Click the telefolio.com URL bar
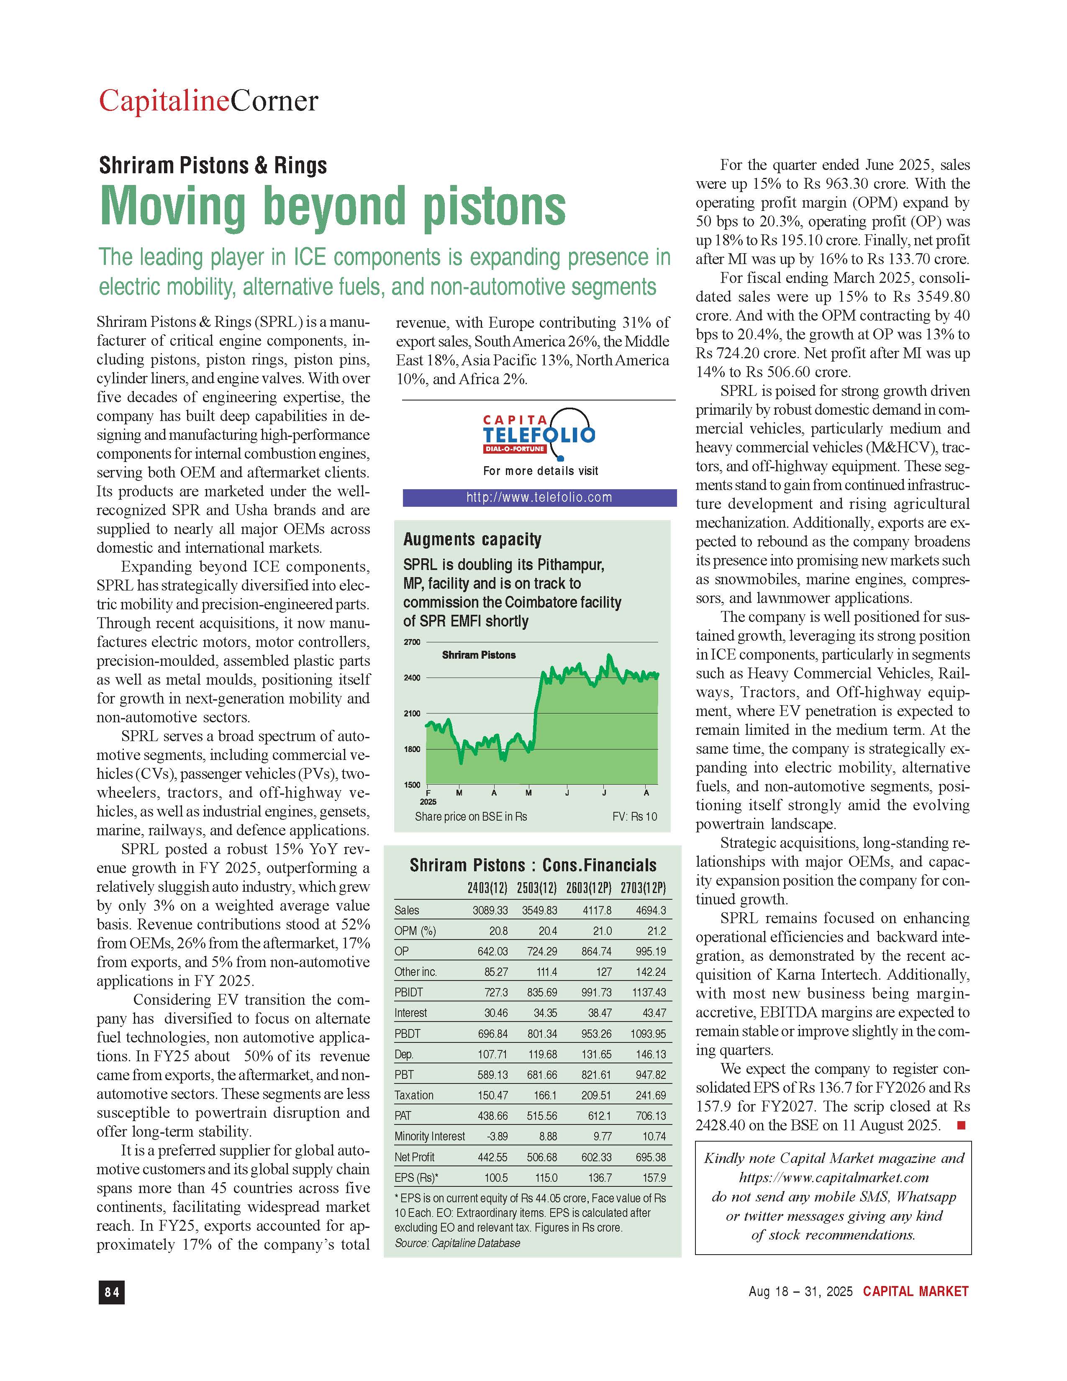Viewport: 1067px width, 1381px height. (539, 498)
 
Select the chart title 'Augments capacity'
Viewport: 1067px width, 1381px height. (472, 539)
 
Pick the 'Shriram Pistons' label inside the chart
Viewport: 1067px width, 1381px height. (479, 655)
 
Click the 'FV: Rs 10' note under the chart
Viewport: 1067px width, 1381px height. (635, 817)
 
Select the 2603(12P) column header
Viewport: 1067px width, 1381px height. (588, 888)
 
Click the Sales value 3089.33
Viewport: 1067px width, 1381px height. (490, 911)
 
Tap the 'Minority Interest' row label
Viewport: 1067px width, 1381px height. (429, 1136)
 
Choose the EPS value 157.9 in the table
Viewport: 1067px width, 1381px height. (654, 1178)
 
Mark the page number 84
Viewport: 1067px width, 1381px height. (111, 1292)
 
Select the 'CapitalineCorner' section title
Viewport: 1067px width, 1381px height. (209, 101)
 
